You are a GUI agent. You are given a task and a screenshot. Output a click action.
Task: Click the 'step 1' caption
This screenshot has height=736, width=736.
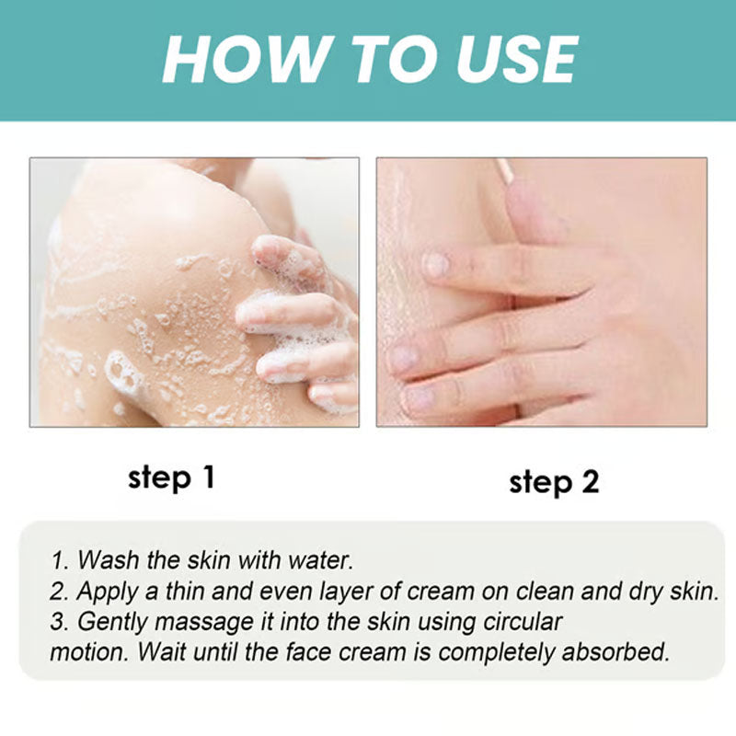point(171,477)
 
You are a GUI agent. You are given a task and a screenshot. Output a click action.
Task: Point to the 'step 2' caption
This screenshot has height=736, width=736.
point(554,481)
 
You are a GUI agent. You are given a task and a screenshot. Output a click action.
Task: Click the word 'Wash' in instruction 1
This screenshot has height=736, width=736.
point(105,559)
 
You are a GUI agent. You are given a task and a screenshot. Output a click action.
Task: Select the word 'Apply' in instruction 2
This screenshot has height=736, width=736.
point(106,591)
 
